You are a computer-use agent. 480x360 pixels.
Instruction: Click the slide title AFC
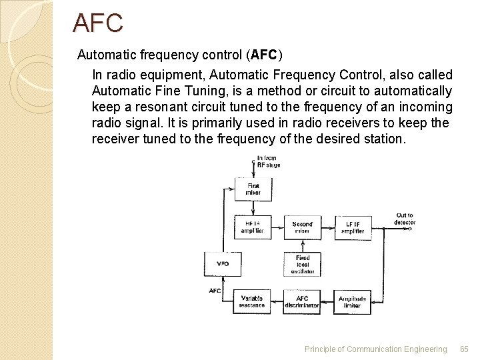[x=98, y=23]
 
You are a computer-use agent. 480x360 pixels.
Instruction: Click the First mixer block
[x=253, y=189]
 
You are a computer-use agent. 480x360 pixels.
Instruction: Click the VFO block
[x=223, y=263]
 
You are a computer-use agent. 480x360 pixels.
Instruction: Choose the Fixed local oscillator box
[x=302, y=263]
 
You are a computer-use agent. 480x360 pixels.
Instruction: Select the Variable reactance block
[x=252, y=301]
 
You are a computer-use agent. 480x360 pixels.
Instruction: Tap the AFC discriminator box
[x=302, y=301]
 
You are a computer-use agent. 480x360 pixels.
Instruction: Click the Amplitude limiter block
[x=353, y=301]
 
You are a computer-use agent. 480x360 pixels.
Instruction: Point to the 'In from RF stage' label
[x=269, y=161]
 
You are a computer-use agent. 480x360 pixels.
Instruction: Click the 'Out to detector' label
[x=404, y=219]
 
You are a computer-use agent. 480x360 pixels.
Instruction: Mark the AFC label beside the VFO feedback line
[x=215, y=291]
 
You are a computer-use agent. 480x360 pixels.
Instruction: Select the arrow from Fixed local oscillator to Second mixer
[x=302, y=245]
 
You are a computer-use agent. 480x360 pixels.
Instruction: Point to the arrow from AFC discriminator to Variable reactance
[x=277, y=301]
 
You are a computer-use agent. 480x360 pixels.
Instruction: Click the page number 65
[x=465, y=349]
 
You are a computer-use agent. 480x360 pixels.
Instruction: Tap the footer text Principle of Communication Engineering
[x=375, y=349]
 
